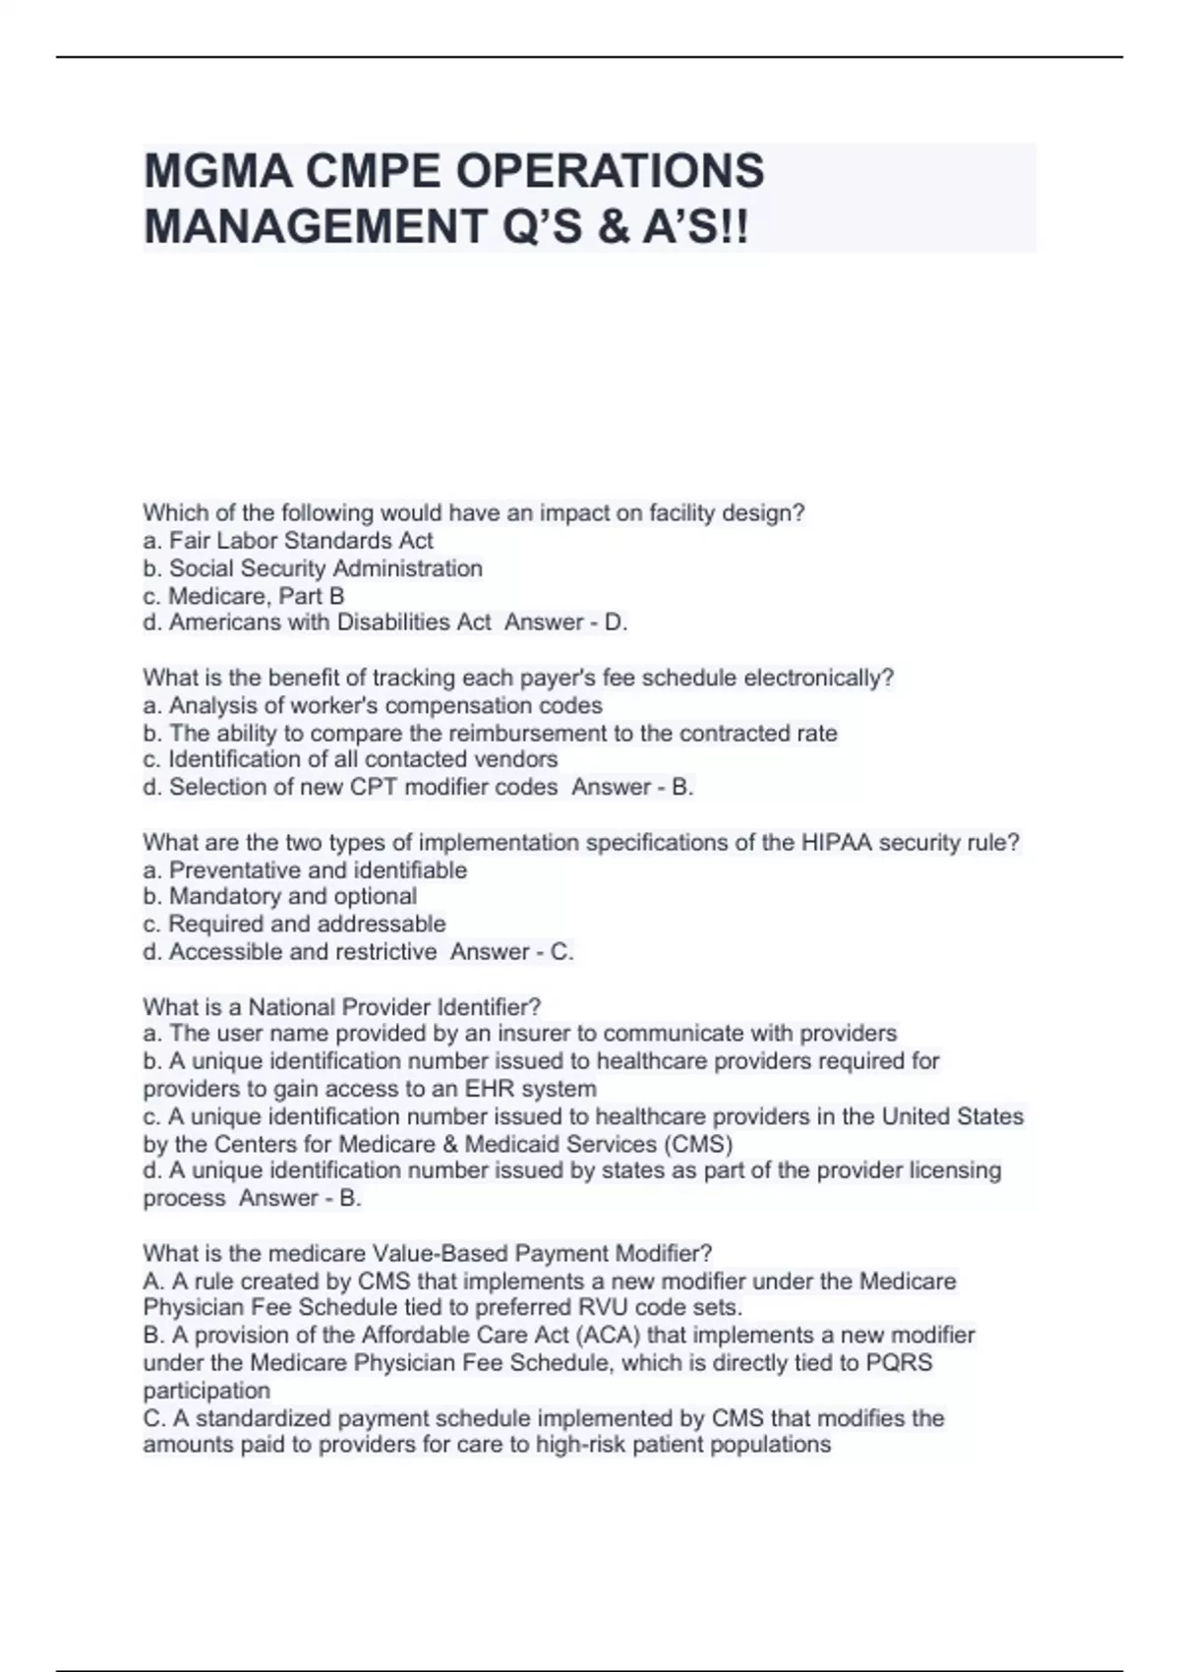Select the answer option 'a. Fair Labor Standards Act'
[x=288, y=541]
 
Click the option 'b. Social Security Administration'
[x=313, y=568]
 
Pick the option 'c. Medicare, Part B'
[x=244, y=596]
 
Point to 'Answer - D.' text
[x=565, y=623]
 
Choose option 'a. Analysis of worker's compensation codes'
[x=373, y=705]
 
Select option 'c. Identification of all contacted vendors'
[x=350, y=759]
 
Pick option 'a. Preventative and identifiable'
[x=305, y=870]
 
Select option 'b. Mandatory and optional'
[x=280, y=897]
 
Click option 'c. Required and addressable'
[x=294, y=925]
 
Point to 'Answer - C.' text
[x=511, y=952]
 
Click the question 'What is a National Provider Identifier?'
[x=342, y=1007]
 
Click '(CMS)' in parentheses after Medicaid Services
[x=698, y=1144]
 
